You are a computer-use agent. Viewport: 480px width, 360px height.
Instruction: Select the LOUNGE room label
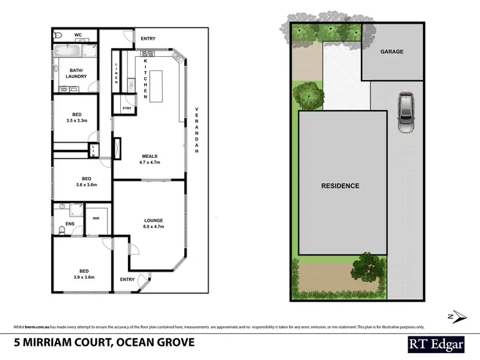pyautogui.click(x=154, y=221)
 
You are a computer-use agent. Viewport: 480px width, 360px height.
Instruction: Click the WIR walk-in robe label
pyautogui.click(x=97, y=217)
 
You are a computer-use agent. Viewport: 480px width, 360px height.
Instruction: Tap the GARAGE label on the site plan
pyautogui.click(x=392, y=52)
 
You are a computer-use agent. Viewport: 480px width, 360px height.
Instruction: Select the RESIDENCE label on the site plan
pyautogui.click(x=340, y=186)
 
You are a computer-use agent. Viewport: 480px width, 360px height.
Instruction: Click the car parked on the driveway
pyautogui.click(x=406, y=113)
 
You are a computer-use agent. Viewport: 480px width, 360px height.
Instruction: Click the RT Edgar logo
pyautogui.click(x=437, y=343)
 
